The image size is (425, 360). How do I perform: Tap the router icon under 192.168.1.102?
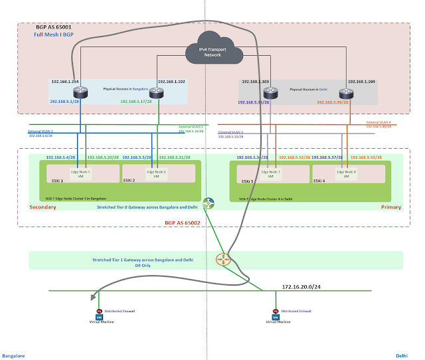pyautogui.click(x=157, y=93)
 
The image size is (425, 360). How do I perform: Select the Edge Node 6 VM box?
pyautogui.click(x=155, y=174)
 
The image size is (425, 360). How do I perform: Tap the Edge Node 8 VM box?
pyautogui.click(x=344, y=174)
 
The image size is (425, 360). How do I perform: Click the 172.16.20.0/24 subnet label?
pyautogui.click(x=301, y=286)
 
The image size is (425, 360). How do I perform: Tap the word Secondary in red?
pyautogui.click(x=43, y=207)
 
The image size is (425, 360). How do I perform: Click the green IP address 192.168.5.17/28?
pyautogui.click(x=138, y=102)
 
